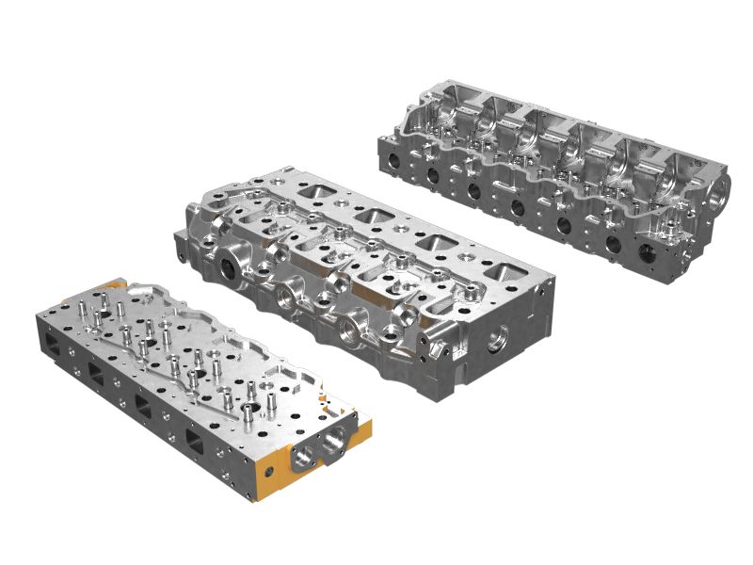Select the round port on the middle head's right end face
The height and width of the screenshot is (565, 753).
coord(496,333)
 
